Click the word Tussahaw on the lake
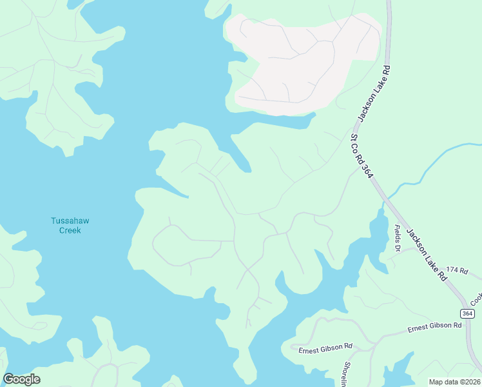point(70,221)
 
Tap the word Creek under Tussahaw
point(70,230)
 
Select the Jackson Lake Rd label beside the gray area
point(376,94)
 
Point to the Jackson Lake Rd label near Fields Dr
point(426,252)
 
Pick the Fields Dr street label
point(398,239)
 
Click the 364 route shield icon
point(468,313)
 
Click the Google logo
point(21,379)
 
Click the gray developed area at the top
point(303,61)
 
